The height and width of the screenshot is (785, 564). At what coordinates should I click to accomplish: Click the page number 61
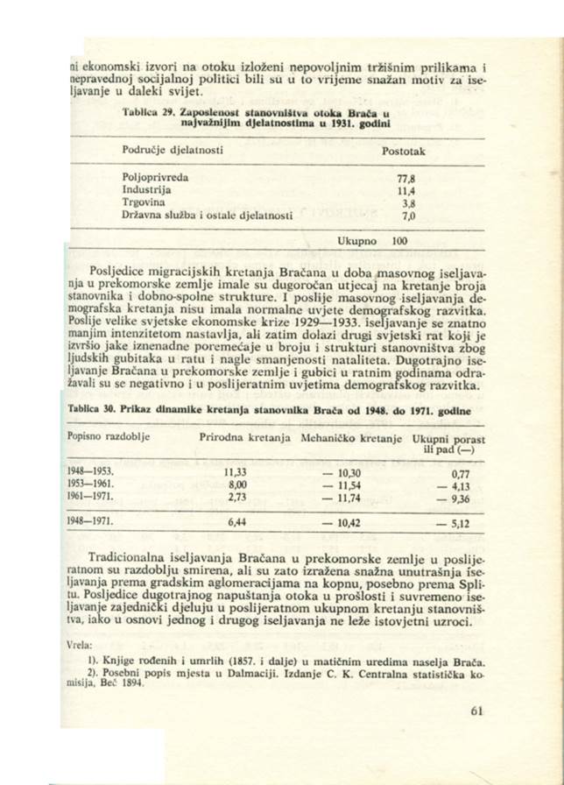pyautogui.click(x=476, y=711)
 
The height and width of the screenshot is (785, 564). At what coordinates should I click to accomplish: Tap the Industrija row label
pyautogui.click(x=148, y=188)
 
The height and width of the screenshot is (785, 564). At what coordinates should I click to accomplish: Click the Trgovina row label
pyautogui.click(x=145, y=201)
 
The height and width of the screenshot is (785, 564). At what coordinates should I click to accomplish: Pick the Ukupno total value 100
pyautogui.click(x=400, y=238)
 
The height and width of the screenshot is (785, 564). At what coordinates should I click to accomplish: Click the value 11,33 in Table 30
pyautogui.click(x=238, y=470)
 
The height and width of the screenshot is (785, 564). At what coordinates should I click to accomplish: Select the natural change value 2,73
pyautogui.click(x=239, y=495)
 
